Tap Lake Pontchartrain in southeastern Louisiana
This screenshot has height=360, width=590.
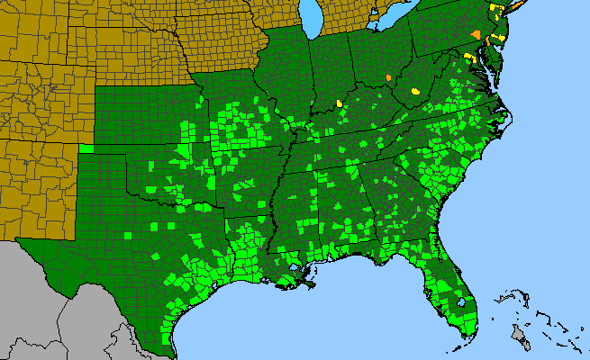(296, 269)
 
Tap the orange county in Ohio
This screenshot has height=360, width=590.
(387, 77)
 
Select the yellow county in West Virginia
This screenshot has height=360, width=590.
(415, 91)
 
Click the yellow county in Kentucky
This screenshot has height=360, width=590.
(340, 103)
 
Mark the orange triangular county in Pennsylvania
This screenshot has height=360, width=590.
(476, 33)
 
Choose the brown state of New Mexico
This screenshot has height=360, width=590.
(36, 180)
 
